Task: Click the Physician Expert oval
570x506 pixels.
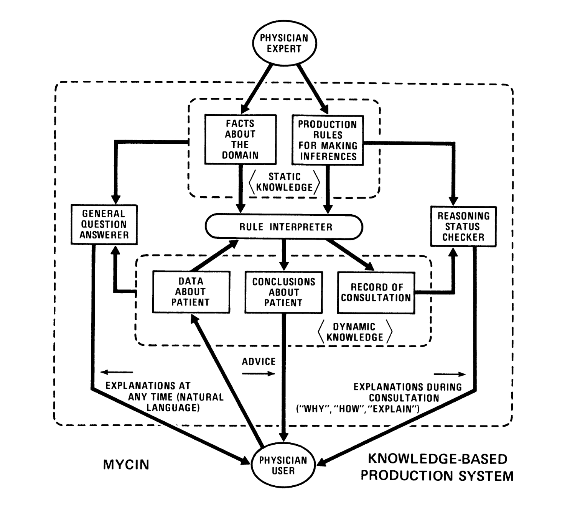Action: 284,43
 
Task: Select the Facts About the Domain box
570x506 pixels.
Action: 240,139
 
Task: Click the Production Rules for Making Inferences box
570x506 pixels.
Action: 327,140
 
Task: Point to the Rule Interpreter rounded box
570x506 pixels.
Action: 284,227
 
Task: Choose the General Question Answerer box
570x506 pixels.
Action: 104,224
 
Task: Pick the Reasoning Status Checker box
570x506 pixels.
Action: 463,227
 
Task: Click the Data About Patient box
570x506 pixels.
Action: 191,292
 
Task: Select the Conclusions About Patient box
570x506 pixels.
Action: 283,292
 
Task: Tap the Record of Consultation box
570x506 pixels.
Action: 376,293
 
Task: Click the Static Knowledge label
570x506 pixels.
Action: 284,182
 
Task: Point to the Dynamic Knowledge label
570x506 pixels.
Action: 354,332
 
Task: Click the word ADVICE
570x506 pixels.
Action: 259,361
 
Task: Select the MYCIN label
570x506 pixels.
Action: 126,465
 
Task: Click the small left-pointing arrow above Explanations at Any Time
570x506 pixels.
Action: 117,372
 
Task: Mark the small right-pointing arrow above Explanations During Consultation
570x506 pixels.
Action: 450,374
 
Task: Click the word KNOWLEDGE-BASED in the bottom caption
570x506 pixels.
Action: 437,459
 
